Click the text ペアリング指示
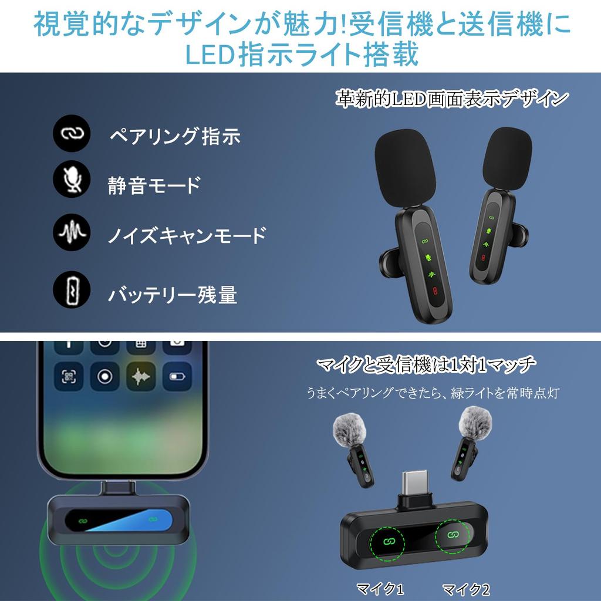(175, 136)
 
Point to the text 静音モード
(154, 185)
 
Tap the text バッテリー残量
(172, 293)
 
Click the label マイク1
(380, 588)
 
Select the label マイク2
(465, 588)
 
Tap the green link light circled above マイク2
(453, 535)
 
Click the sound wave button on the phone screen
(141, 376)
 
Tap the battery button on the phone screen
(177, 376)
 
